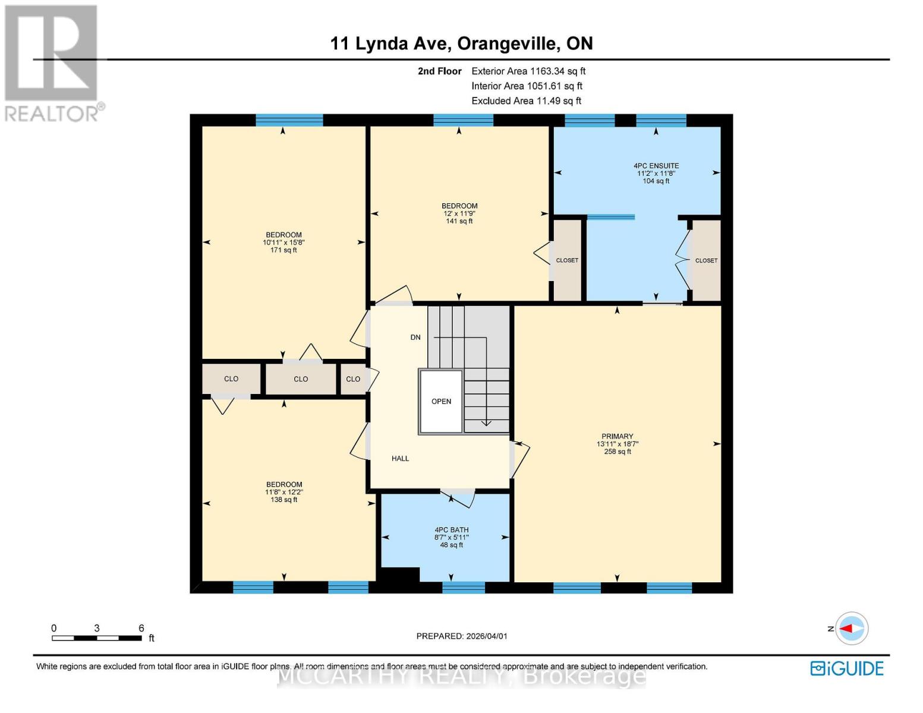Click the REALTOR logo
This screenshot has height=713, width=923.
52,62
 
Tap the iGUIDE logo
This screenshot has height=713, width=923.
847,668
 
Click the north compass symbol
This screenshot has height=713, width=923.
851,628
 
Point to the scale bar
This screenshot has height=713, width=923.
97,638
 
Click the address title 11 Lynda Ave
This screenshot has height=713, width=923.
461,43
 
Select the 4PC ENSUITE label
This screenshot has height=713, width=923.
656,166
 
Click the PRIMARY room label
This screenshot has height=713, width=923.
617,436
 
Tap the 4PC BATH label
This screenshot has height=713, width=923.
451,530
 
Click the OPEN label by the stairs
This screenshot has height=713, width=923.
441,402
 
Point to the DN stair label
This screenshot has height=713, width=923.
415,337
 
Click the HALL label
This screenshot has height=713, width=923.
400,459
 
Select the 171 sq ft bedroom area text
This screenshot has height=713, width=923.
283,250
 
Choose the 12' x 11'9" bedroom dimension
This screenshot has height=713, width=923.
459,213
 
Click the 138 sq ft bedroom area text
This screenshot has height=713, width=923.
283,500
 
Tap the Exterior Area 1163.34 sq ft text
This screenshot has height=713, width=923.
528,71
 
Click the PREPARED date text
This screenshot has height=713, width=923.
462,636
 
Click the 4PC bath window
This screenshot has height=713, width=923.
464,588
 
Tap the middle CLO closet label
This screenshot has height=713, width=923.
301,379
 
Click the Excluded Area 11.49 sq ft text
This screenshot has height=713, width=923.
526,101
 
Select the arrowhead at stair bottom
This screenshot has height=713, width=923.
486,422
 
